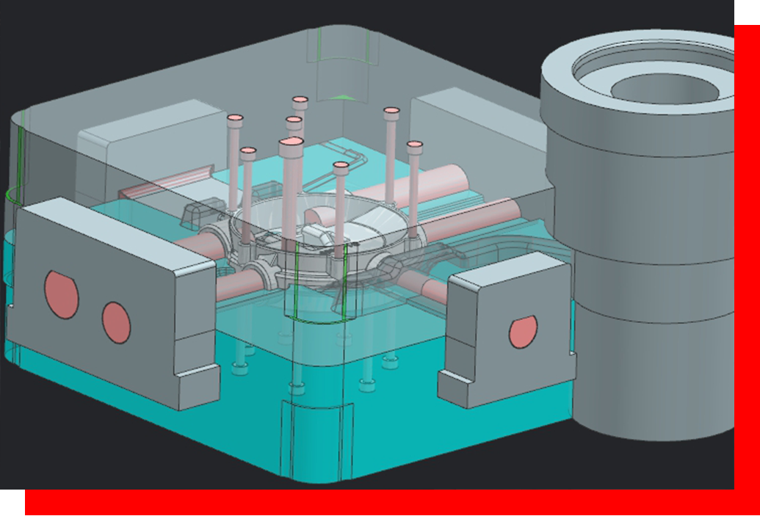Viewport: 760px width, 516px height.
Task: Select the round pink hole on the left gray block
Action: click(116, 322)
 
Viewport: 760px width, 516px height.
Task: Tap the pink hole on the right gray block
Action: click(523, 331)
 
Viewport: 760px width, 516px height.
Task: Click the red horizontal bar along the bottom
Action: click(367, 503)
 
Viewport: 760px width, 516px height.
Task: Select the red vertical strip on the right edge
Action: click(747, 257)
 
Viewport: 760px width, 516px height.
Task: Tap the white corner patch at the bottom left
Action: click(11, 502)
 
